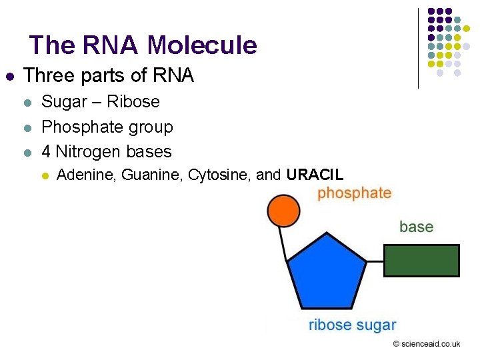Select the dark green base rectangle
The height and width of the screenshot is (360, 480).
(x=421, y=261)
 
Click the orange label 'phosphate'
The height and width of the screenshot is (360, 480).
(x=354, y=193)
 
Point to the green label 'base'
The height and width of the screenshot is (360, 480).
(x=416, y=227)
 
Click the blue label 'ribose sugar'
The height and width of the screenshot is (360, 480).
(x=352, y=325)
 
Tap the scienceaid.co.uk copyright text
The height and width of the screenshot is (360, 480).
(x=427, y=344)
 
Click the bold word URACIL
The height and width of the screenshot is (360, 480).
(x=315, y=175)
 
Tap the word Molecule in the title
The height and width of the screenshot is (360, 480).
(x=202, y=45)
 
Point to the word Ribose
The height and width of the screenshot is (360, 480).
(x=133, y=102)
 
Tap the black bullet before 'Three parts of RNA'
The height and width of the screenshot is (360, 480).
(x=9, y=77)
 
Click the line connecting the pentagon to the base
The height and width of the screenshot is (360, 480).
(x=375, y=261)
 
